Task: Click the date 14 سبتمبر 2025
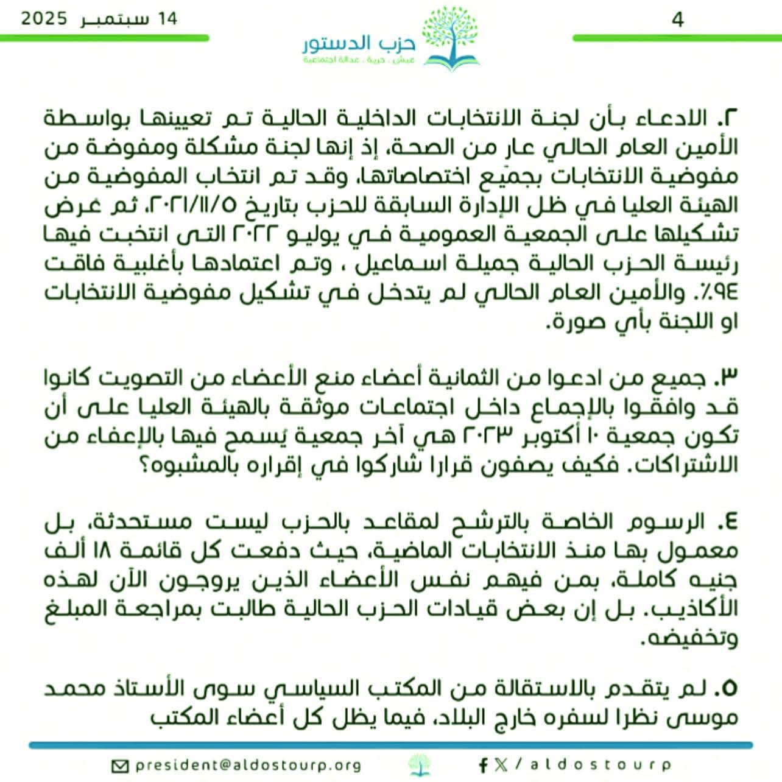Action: pyautogui.click(x=99, y=18)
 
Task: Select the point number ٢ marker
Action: pyautogui.click(x=727, y=118)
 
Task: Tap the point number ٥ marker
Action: pyautogui.click(x=727, y=688)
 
